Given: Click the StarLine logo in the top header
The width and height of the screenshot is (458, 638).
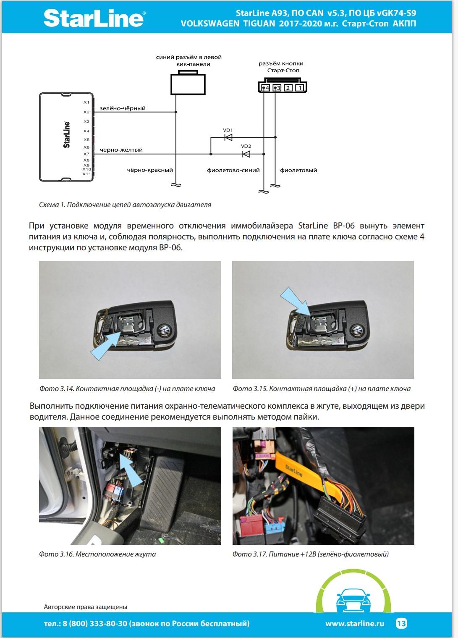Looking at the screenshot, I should (x=94, y=19).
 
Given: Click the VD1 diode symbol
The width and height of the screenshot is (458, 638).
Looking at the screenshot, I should (x=228, y=137).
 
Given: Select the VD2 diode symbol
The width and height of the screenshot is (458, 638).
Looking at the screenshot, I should (x=246, y=154).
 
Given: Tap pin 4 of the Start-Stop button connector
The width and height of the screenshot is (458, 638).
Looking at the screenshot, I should (x=265, y=88).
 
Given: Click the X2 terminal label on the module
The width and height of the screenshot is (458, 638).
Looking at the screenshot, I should (x=86, y=112).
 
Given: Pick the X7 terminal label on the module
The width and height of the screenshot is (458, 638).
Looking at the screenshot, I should (x=86, y=154).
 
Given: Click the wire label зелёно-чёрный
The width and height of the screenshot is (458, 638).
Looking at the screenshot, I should (x=123, y=108).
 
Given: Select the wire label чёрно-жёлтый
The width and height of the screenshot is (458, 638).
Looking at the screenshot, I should (x=121, y=150).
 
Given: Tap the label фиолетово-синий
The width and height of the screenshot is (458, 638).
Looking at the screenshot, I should (x=233, y=171).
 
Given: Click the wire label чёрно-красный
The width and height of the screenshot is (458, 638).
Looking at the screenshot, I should (x=150, y=171).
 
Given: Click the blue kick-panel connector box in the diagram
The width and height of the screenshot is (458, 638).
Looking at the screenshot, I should (x=188, y=84).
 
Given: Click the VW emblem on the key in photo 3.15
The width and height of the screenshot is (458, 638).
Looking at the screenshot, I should (x=358, y=330).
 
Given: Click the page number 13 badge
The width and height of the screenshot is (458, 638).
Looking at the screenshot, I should (x=401, y=623).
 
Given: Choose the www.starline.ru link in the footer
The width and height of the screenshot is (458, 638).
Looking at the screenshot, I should (x=355, y=624).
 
